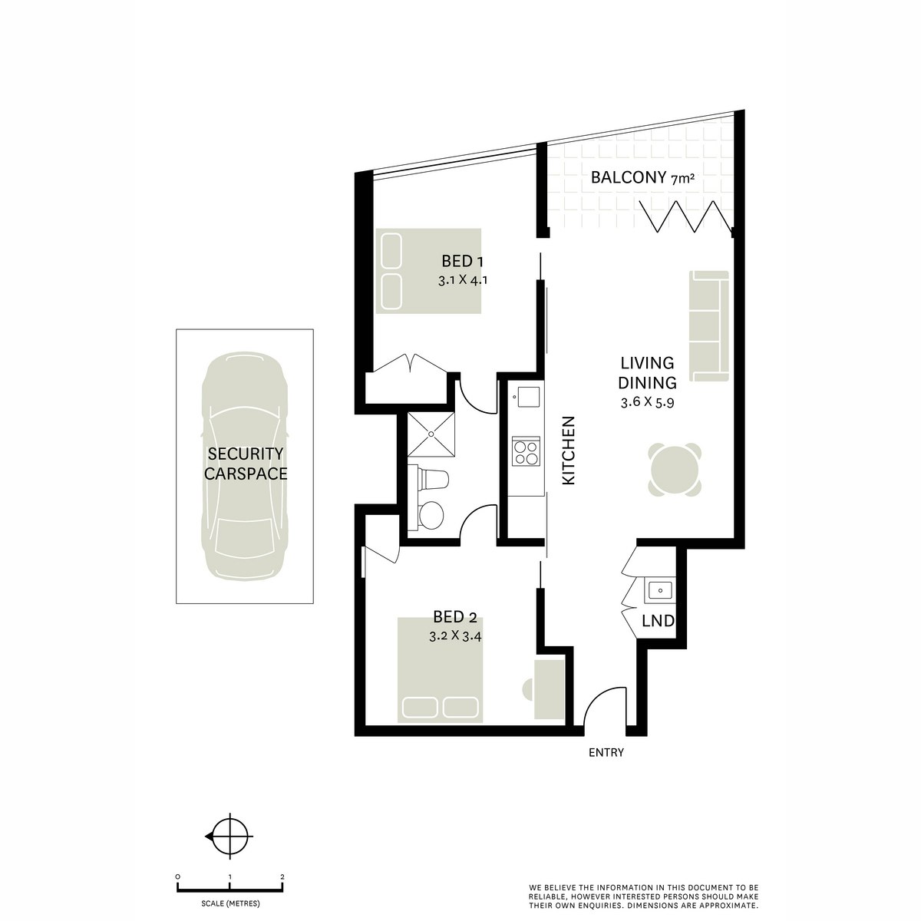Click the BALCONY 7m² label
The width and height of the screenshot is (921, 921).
point(642,179)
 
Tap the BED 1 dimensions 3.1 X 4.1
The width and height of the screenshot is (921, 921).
point(463,280)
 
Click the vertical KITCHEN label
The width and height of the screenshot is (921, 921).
point(569,450)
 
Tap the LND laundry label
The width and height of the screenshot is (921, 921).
point(659,621)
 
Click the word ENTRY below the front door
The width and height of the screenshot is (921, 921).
point(606,753)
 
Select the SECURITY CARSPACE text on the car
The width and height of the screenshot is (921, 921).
point(245,464)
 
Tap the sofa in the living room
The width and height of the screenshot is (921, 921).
point(708,325)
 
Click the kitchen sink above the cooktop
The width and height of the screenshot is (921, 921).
point(528,397)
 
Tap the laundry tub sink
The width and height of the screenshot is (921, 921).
point(659,589)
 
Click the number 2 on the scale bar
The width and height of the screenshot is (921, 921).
point(283,876)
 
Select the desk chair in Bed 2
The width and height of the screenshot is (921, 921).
point(529,688)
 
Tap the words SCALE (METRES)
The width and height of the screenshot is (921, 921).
point(229,903)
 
